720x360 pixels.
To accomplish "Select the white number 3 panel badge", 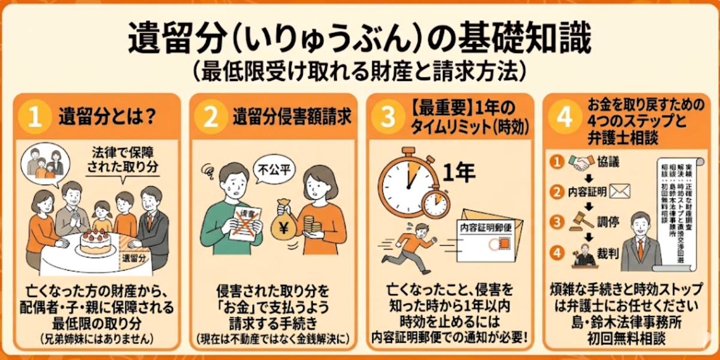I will tap(387, 117).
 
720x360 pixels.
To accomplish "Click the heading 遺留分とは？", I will tap(108, 117).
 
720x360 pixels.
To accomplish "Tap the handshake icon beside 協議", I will tap(580, 162).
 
